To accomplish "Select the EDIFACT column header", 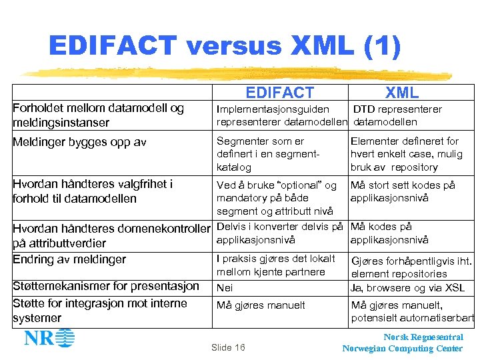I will pyautogui.click(x=279, y=93).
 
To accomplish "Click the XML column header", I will pyautogui.click(x=401, y=93).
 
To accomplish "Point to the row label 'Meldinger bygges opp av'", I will pyautogui.click(x=79, y=142).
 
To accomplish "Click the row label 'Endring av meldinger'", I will pyautogui.click(x=69, y=259).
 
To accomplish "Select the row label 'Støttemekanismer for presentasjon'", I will pyautogui.click(x=106, y=286).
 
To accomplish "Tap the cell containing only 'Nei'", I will pyautogui.click(x=225, y=287).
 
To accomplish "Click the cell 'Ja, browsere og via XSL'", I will pyautogui.click(x=407, y=288).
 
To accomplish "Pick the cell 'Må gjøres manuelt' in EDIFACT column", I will pyautogui.click(x=261, y=305).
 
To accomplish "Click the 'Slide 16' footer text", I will pyautogui.click(x=228, y=347).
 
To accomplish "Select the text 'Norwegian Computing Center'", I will pyautogui.click(x=402, y=349).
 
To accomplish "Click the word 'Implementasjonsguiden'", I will pyautogui.click(x=273, y=109).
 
